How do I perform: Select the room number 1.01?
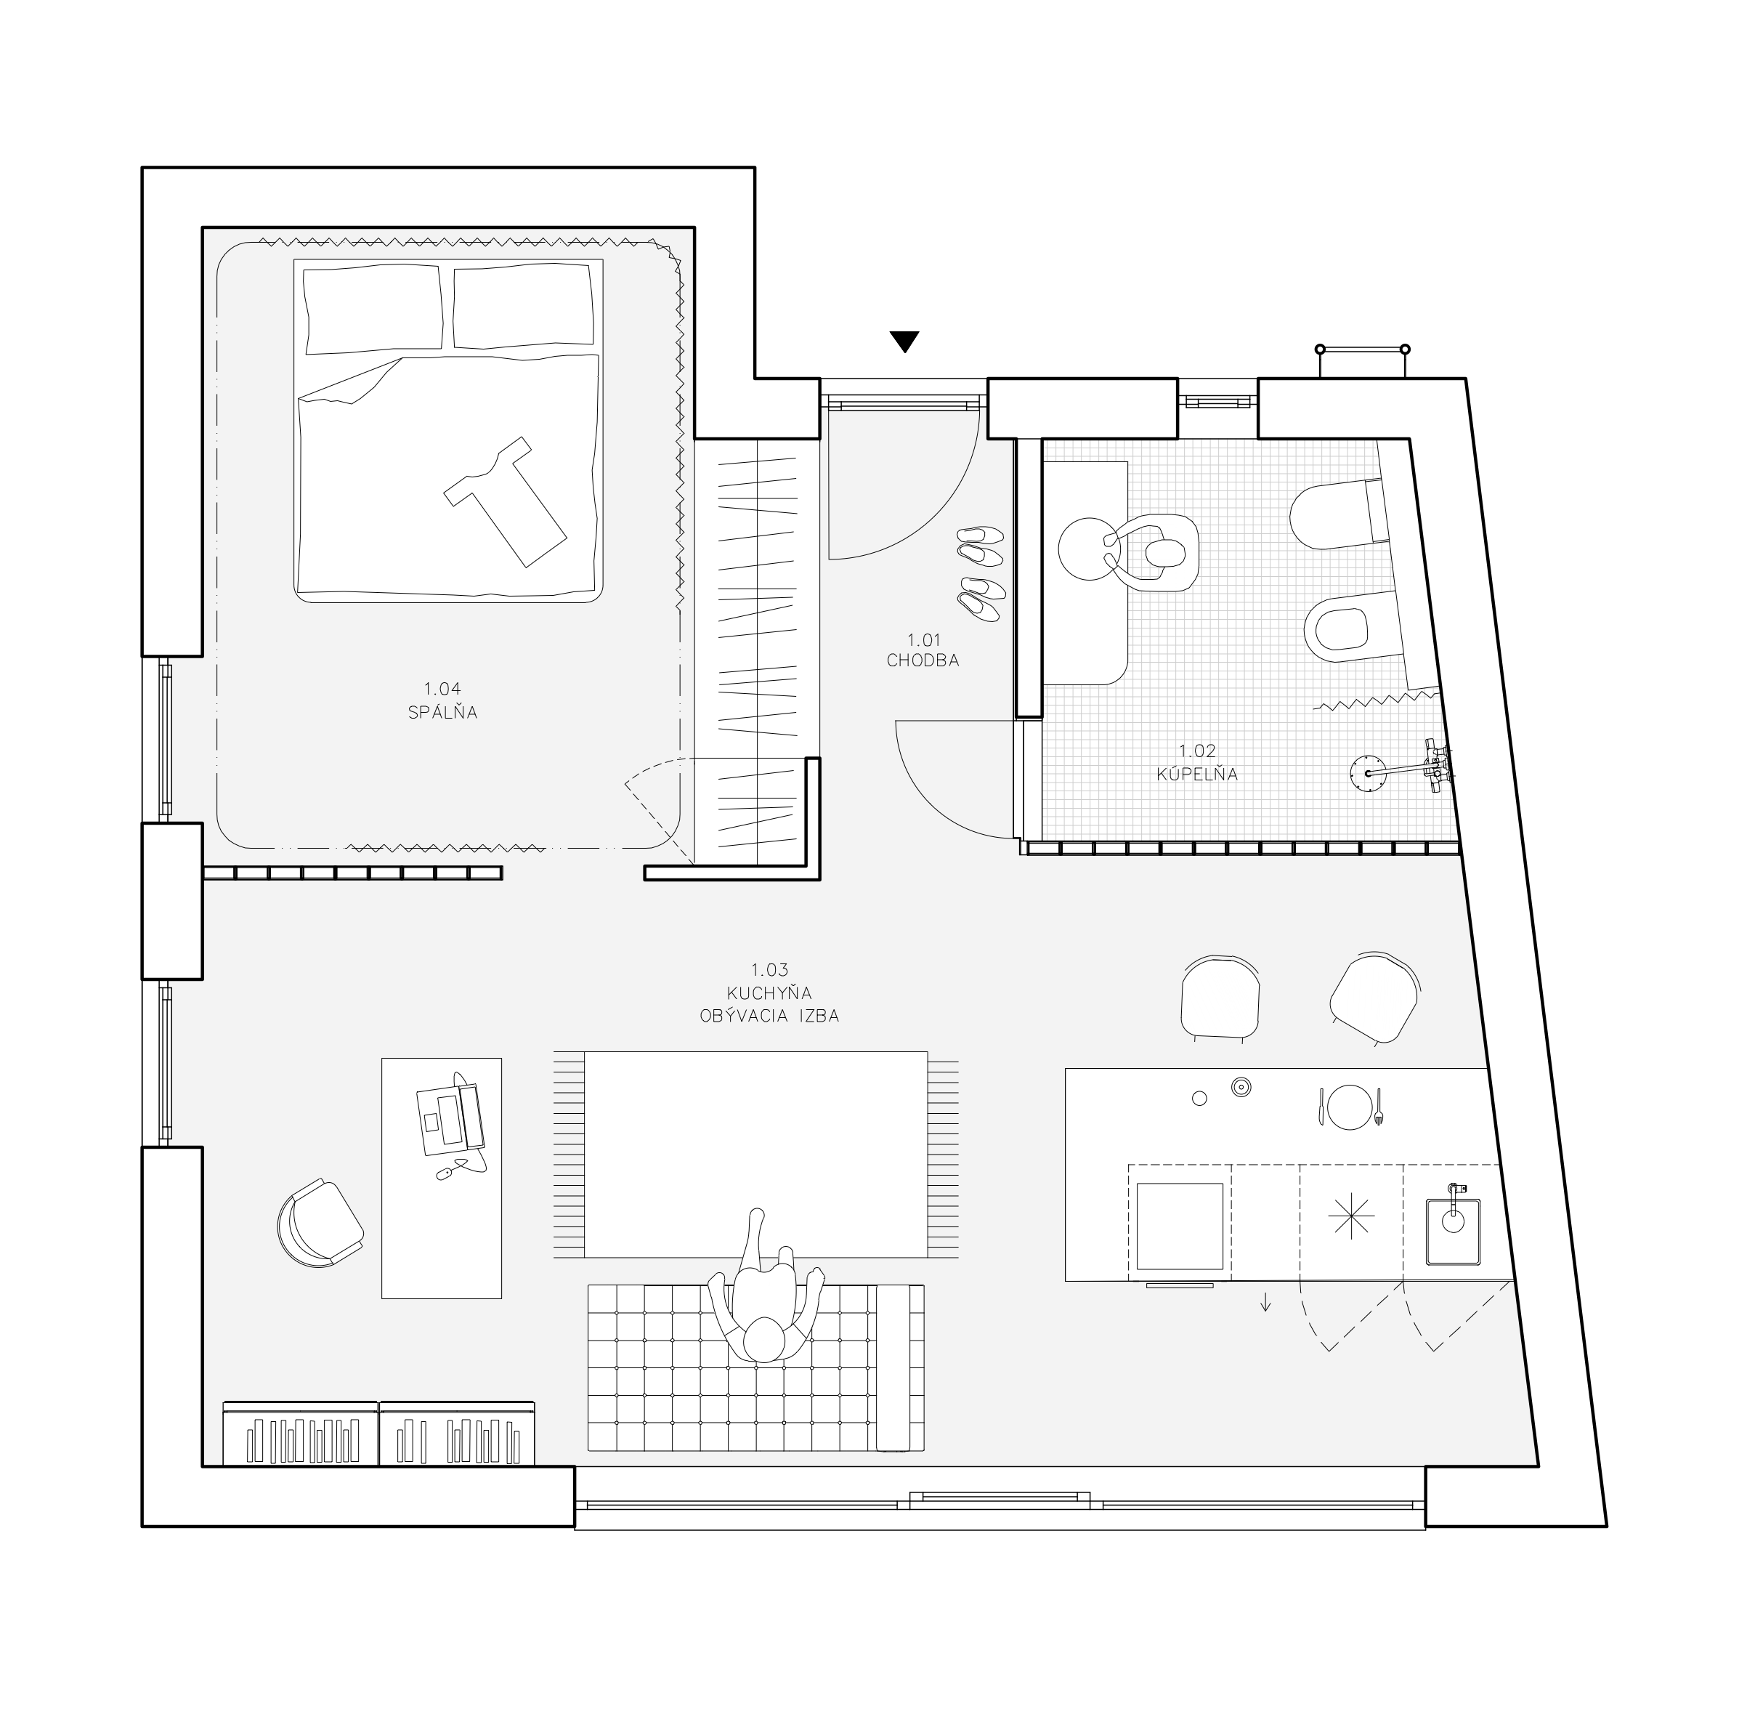click(923, 641)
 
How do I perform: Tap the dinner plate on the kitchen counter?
click(1349, 1107)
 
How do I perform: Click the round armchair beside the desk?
click(319, 1224)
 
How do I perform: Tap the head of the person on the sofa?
click(765, 1341)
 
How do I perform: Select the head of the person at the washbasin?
click(1164, 552)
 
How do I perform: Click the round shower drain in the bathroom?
click(1366, 773)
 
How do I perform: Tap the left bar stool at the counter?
click(1220, 997)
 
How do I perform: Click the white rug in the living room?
click(755, 1154)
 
